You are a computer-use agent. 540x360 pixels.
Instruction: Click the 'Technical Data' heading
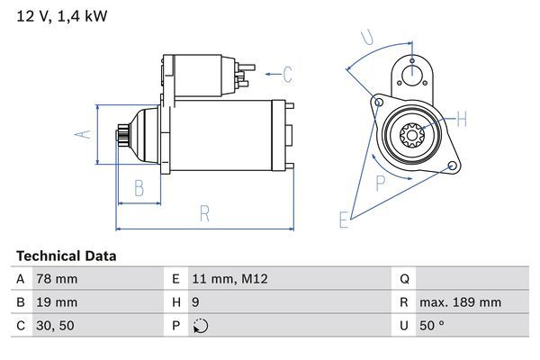point(66,256)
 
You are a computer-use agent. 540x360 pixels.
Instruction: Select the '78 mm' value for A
point(55,279)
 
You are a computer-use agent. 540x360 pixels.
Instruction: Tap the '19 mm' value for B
point(55,302)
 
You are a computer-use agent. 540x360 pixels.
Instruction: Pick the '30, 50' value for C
point(54,326)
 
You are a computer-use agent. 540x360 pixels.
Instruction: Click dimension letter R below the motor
point(205,213)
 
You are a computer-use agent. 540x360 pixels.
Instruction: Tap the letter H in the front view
point(462,119)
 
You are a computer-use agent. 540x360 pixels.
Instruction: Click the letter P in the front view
point(381,183)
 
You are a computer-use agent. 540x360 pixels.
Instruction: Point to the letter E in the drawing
point(344,219)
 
